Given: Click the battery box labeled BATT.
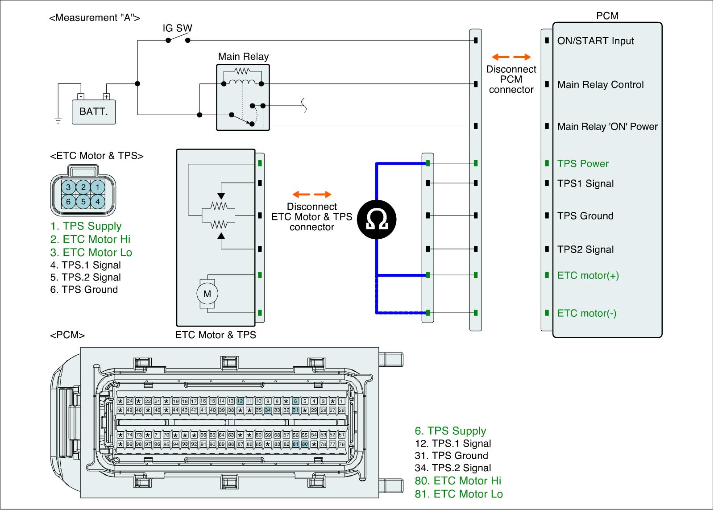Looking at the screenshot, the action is click(94, 112).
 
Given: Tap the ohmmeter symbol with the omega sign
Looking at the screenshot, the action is click(377, 220).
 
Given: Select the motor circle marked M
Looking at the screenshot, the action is click(207, 294).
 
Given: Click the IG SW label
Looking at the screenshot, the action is click(177, 28).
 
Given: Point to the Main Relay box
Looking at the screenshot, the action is click(243, 98).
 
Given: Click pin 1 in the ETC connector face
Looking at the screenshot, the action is click(98, 187).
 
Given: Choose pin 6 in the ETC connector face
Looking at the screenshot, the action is click(68, 201).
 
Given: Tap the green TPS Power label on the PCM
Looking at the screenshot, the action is click(583, 163).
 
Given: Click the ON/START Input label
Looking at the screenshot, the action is click(595, 41).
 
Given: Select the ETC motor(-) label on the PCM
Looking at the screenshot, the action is click(587, 313).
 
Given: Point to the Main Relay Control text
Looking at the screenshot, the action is click(601, 84).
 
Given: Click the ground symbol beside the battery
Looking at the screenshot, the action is click(58, 120).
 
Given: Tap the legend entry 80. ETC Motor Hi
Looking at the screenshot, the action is click(458, 481).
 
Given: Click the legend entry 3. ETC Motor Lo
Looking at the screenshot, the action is click(91, 252).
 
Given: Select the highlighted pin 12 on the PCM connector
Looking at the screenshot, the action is click(240, 401).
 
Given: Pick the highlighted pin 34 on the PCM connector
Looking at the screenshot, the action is click(268, 410).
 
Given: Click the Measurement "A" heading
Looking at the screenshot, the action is click(95, 17).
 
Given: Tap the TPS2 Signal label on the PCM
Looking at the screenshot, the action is click(585, 249).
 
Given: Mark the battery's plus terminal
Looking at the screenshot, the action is click(107, 96).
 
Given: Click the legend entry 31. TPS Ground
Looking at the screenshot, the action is click(451, 456).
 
